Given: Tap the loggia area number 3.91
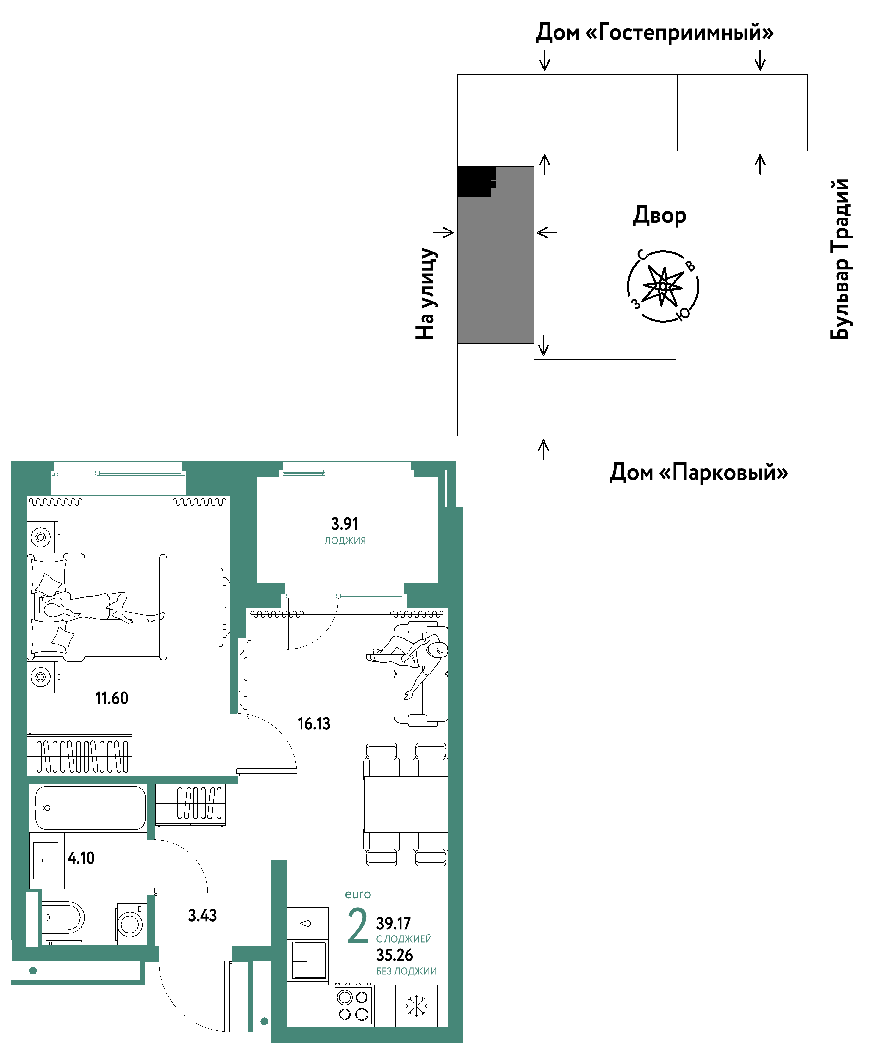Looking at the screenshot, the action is pyautogui.click(x=344, y=524).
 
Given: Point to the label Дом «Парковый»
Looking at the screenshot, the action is pyautogui.click(x=698, y=472).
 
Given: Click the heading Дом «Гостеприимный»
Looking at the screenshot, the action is pyautogui.click(x=654, y=32).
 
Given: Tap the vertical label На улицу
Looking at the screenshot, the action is pyautogui.click(x=426, y=294).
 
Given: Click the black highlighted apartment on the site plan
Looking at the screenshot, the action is pyautogui.click(x=476, y=181).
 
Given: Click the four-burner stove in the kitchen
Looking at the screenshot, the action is pyautogui.click(x=353, y=1005).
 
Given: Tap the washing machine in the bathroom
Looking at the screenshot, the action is pyautogui.click(x=132, y=924).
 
